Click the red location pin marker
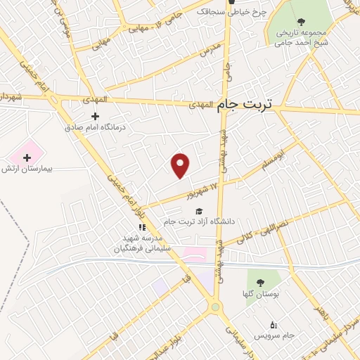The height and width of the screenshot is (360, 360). tap(181, 165)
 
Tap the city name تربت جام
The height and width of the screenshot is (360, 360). tap(247, 103)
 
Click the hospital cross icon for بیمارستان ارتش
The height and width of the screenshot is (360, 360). tap(27, 157)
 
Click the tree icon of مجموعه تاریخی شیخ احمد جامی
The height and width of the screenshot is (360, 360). tap(301, 22)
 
